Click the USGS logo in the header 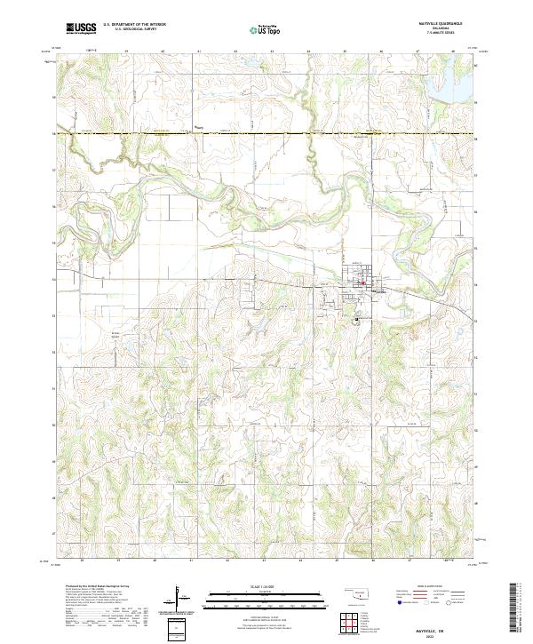(81, 29)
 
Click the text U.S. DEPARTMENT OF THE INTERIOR (134, 26)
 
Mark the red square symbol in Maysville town (362, 283)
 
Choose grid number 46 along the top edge (381, 52)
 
